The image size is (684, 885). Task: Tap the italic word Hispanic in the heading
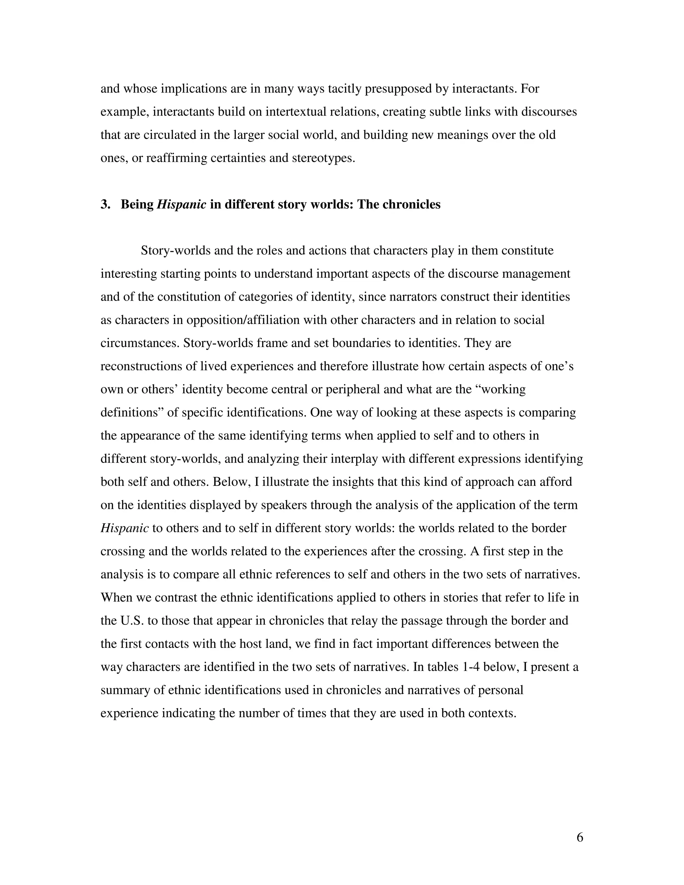point(181,205)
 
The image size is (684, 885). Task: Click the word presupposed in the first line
point(398,89)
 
